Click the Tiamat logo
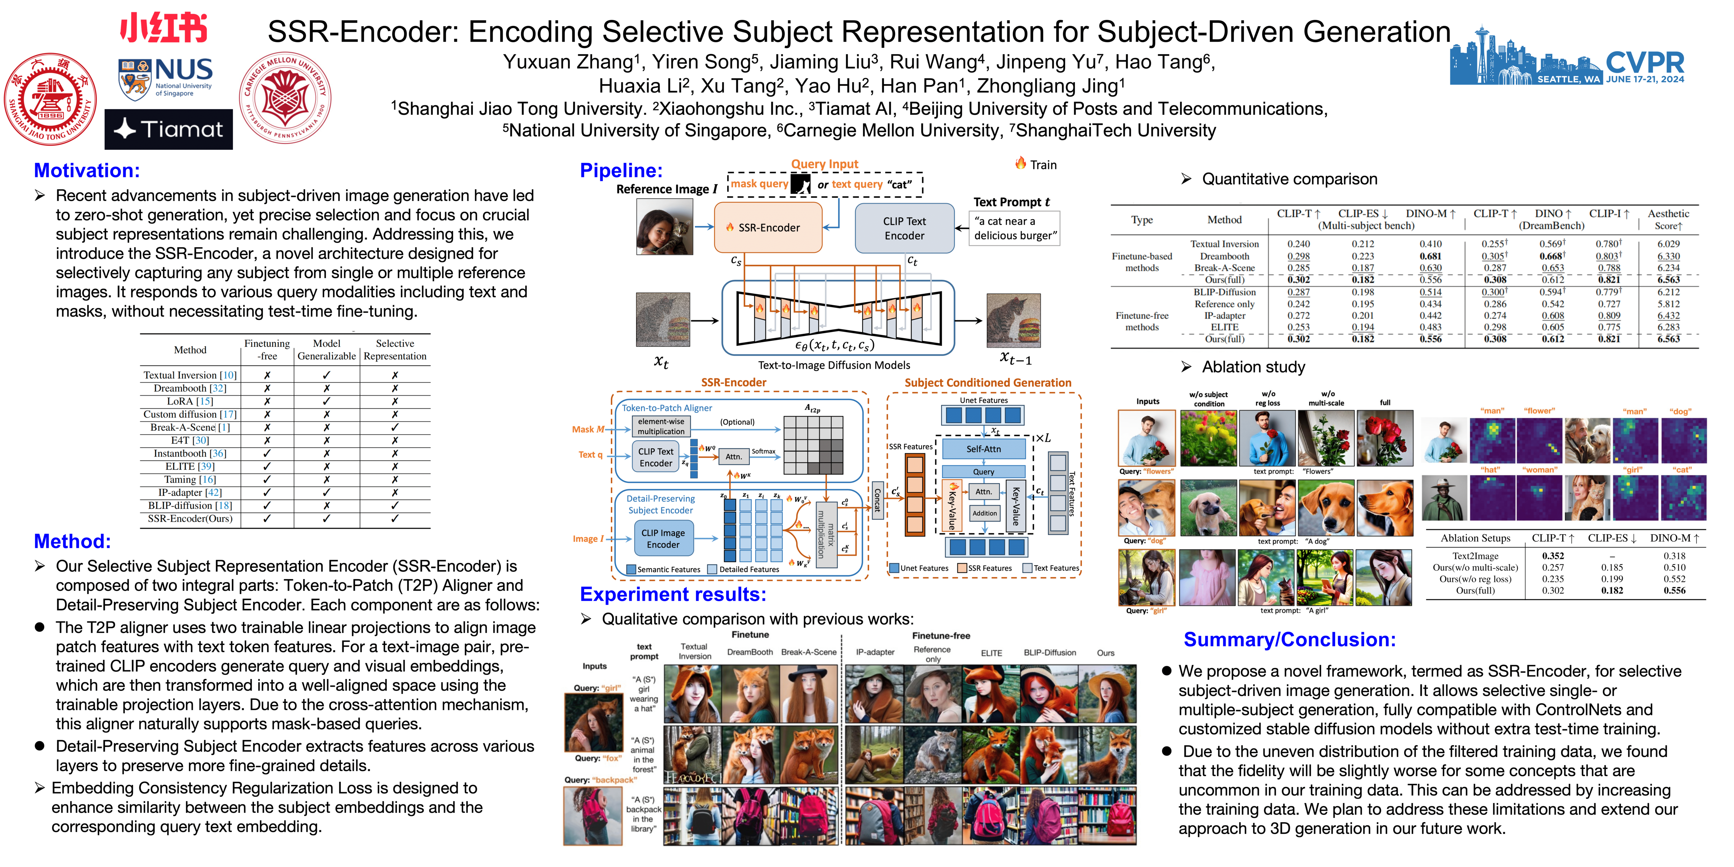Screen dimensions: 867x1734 pyautogui.click(x=168, y=129)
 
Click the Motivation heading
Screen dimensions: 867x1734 pyautogui.click(x=87, y=171)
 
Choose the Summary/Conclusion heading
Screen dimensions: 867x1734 pyautogui.click(x=1289, y=639)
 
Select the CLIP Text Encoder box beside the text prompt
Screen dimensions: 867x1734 pyautogui.click(x=904, y=228)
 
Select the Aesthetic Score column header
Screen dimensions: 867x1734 pyautogui.click(x=1668, y=219)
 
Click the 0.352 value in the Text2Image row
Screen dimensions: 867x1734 pyautogui.click(x=1553, y=556)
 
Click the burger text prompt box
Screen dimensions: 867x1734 pyautogui.click(x=1014, y=228)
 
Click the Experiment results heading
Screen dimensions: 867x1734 pyautogui.click(x=673, y=594)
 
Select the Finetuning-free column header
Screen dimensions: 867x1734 pyautogui.click(x=267, y=350)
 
